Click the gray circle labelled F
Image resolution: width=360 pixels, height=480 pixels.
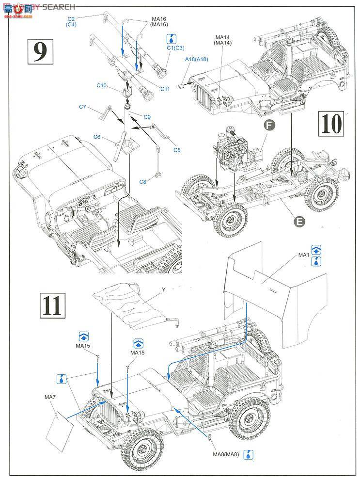269,125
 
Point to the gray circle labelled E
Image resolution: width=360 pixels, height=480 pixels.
299,222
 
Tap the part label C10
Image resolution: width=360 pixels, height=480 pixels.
102,85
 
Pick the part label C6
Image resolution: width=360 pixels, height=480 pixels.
96,137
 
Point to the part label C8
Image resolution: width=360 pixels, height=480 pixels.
142,182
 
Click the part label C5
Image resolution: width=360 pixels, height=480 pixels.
177,150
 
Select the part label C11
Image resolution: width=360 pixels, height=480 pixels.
165,89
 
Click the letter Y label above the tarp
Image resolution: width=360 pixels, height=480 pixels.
164,289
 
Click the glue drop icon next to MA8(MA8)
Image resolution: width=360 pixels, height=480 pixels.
248,455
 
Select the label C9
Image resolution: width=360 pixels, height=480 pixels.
147,117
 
